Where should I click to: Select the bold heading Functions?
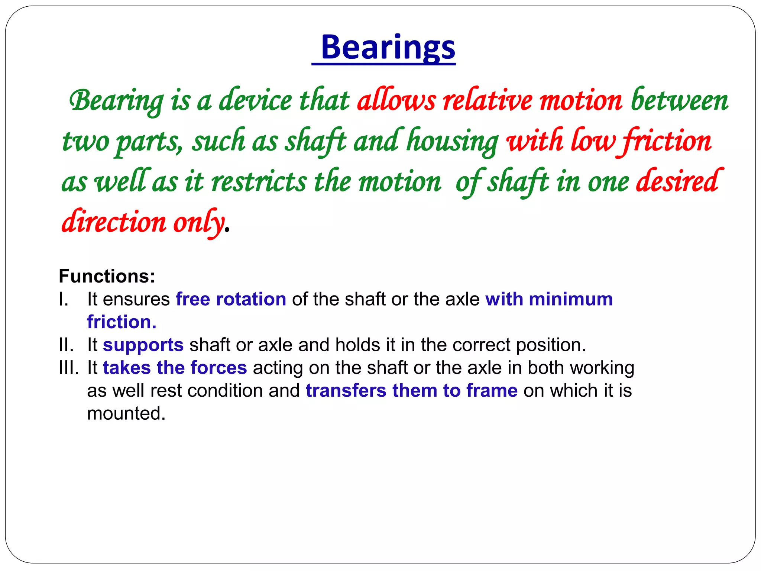[x=107, y=276]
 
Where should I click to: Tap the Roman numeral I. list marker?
[x=64, y=299]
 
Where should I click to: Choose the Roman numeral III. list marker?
[x=69, y=368]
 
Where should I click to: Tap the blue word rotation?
[x=251, y=299]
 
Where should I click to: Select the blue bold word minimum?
[x=571, y=299]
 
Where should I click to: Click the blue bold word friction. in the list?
[x=122, y=322]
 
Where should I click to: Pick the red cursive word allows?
[x=396, y=100]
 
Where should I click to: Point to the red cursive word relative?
[x=488, y=100]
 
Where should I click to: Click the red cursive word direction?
[x=114, y=222]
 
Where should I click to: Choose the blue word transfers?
[x=346, y=391]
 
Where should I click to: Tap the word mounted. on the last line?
[x=126, y=413]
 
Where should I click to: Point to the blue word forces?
[x=218, y=368]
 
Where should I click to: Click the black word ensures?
[x=136, y=299]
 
